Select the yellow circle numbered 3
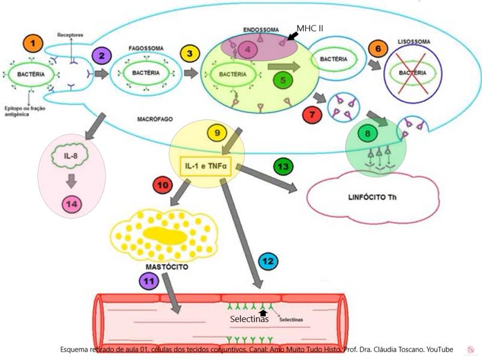(190, 54)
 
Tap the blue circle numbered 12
(268, 261)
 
